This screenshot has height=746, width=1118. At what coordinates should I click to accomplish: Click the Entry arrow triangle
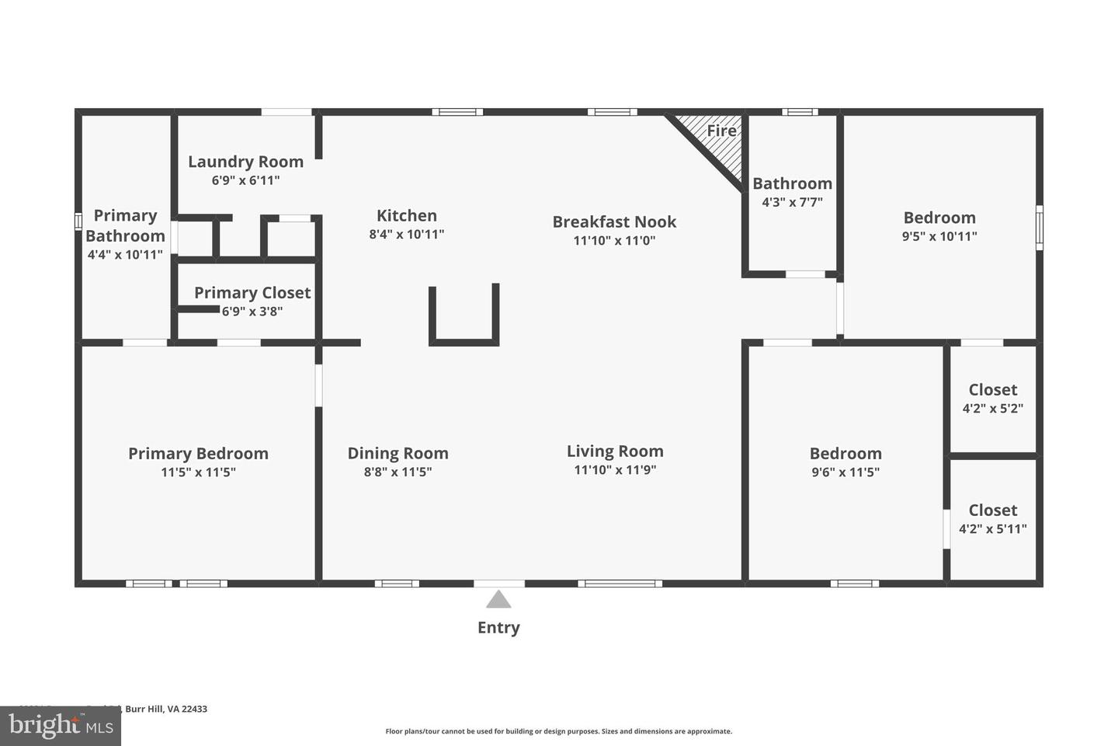click(498, 600)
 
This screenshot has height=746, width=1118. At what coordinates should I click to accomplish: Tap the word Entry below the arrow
click(498, 628)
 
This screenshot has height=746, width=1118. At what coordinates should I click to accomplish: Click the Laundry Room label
click(245, 162)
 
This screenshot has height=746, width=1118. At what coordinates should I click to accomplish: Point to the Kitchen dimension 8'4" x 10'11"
click(407, 234)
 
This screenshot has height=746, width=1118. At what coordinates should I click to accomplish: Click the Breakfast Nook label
click(614, 222)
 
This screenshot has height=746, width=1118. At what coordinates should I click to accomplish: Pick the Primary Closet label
click(252, 293)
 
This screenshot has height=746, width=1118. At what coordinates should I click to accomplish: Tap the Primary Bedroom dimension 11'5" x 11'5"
click(198, 472)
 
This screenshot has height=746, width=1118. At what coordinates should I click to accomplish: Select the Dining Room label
click(398, 453)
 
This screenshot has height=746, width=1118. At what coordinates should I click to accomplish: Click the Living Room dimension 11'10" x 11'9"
click(615, 469)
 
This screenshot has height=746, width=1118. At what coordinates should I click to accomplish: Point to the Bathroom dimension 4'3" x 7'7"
click(792, 202)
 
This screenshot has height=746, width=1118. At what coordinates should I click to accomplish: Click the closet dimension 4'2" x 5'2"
click(992, 408)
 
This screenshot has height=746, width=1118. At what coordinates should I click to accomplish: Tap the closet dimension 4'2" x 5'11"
click(992, 529)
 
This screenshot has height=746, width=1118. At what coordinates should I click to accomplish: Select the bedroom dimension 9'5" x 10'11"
click(939, 236)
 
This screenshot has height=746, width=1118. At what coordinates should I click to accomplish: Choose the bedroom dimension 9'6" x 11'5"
click(845, 472)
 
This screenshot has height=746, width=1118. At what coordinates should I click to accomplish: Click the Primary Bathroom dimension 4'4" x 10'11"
click(125, 255)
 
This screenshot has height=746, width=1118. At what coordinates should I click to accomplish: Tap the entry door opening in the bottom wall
click(498, 583)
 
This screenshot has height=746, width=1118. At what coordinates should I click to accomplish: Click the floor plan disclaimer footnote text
click(558, 731)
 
